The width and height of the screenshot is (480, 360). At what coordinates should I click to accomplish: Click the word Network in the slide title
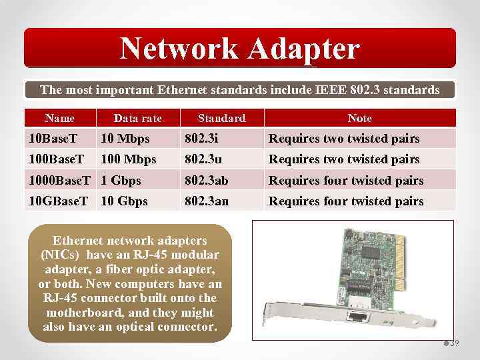click(177, 48)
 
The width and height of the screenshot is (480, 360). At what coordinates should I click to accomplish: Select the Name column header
click(60, 118)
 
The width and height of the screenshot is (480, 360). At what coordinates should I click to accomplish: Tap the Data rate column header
click(137, 118)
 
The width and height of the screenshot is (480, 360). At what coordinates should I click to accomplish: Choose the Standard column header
click(221, 118)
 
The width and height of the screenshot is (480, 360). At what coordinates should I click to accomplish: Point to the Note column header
click(359, 118)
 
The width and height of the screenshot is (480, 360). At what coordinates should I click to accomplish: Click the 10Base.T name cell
click(53, 139)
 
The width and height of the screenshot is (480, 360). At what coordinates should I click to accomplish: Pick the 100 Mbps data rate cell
click(128, 159)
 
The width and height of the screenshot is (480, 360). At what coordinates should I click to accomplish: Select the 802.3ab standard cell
click(207, 180)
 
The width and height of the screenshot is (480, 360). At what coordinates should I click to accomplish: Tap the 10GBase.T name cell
click(58, 201)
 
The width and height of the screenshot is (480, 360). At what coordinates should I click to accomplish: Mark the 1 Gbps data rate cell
click(121, 180)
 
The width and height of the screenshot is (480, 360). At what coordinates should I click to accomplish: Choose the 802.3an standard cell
click(207, 201)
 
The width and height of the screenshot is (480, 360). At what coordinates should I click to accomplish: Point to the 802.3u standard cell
click(203, 159)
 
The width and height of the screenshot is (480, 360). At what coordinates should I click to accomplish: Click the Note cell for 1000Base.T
click(345, 180)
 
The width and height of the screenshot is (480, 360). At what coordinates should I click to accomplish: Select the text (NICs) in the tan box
click(61, 255)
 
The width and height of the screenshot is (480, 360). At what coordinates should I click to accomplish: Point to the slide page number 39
click(454, 343)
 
